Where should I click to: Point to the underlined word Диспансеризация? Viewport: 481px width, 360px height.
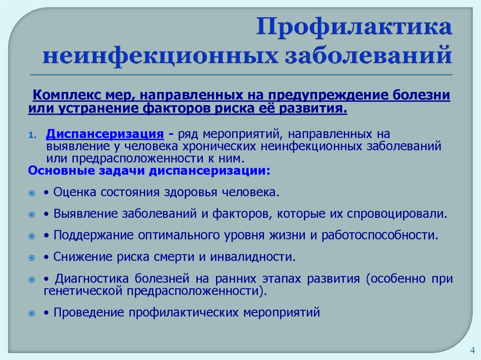tap(105, 134)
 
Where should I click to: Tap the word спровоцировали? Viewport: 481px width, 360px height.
tap(396, 214)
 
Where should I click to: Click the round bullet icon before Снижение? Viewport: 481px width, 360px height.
tap(31, 258)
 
